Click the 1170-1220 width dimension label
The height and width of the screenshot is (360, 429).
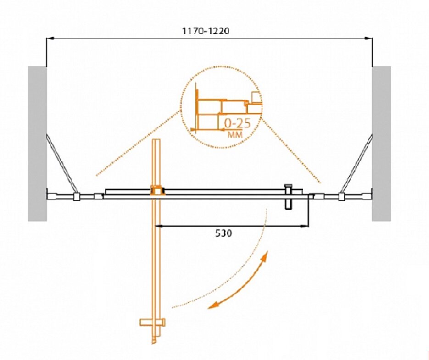click(x=206, y=31)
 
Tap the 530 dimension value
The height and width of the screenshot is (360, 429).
click(x=223, y=233)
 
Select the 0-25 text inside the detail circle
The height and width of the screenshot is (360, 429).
click(x=237, y=124)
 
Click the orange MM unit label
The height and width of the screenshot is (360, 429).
click(x=235, y=134)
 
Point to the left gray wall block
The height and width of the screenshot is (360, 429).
click(x=37, y=144)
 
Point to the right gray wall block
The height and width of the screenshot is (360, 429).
click(x=381, y=144)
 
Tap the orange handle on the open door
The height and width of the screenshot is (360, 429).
click(x=152, y=322)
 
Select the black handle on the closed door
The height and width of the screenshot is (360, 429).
click(x=289, y=197)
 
